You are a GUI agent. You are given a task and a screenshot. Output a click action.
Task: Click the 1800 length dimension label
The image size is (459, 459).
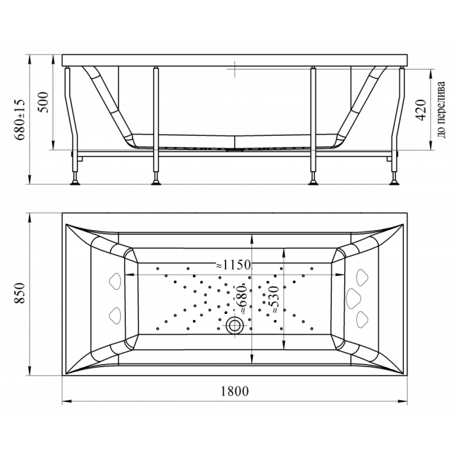(x=235, y=391)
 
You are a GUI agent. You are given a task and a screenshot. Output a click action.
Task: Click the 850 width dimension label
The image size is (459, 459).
(x=20, y=293)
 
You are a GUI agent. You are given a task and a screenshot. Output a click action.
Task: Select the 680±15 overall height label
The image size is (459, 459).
(x=20, y=119)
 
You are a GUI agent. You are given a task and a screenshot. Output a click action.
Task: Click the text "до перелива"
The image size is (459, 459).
(x=441, y=110)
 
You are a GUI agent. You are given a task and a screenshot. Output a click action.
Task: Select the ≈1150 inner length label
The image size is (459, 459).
(x=233, y=265)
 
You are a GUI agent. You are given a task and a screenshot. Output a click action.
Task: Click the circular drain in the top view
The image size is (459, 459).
(x=234, y=325)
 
